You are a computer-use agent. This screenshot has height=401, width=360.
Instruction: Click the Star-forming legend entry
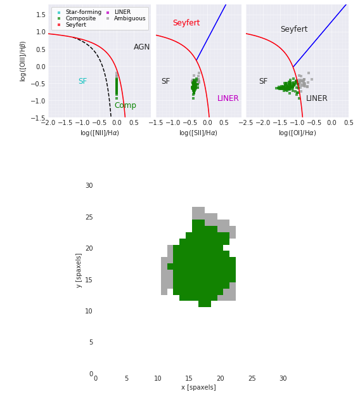(83, 12)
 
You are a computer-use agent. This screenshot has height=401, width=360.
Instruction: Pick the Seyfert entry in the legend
(75, 25)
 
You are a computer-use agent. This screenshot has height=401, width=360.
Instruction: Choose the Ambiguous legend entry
(129, 18)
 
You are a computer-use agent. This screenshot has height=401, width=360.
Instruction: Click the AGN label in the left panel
(142, 47)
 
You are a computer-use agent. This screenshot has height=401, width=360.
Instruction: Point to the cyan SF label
(82, 81)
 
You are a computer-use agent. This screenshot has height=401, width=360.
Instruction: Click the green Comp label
(125, 105)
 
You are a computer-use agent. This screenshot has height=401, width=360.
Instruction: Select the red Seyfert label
(186, 23)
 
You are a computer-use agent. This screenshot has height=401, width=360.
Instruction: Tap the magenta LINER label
(228, 98)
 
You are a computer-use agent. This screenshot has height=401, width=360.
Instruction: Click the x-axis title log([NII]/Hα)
(100, 133)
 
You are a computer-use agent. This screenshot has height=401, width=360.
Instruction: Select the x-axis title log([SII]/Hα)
(198, 133)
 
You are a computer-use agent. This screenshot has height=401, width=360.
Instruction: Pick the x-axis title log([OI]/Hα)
(297, 133)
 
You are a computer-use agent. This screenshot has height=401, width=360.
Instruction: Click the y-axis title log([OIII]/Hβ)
(23, 61)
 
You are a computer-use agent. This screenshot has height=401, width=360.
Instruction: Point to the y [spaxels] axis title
(79, 270)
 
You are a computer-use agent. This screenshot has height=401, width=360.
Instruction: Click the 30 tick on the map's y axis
(89, 186)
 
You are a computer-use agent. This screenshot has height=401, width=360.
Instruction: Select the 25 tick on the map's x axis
(252, 379)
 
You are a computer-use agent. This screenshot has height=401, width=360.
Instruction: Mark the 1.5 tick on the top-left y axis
(40, 15)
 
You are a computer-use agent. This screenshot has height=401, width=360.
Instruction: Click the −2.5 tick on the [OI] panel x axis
(246, 122)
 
